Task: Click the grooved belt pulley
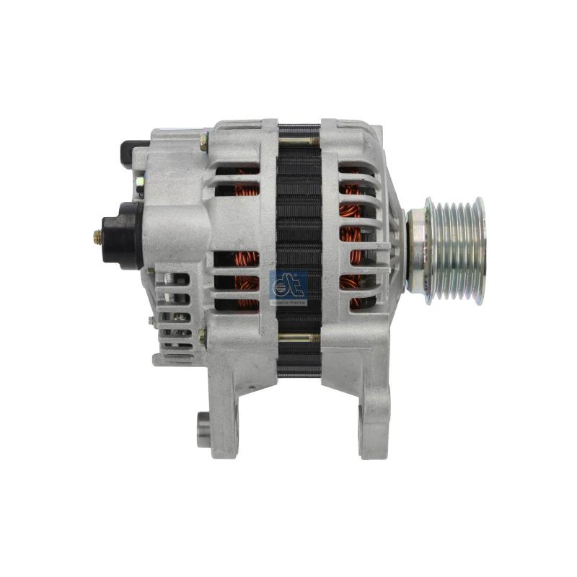click(x=452, y=249)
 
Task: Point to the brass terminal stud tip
click(x=97, y=235)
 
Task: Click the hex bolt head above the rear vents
click(x=204, y=142)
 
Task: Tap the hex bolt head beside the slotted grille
click(x=203, y=335)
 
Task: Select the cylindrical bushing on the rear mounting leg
click(x=204, y=430)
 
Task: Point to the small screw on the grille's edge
click(x=152, y=322)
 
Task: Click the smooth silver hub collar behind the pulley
click(x=416, y=249)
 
